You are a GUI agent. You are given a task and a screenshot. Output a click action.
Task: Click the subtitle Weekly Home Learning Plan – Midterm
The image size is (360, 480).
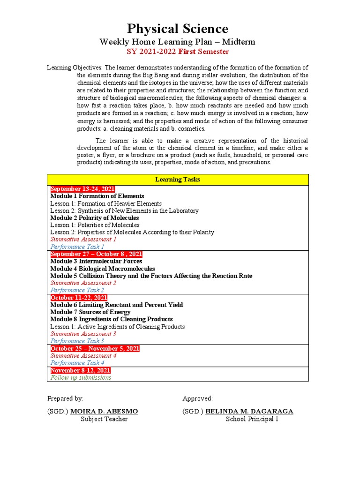click(x=178, y=42)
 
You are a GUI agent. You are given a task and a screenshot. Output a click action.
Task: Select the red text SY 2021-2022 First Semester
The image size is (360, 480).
click(x=178, y=52)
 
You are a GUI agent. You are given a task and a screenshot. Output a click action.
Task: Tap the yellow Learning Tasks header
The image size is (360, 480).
click(x=178, y=180)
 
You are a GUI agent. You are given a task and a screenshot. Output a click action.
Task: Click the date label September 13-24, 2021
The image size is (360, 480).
click(x=82, y=189)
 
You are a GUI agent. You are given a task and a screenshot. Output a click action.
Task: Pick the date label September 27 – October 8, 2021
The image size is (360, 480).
click(x=96, y=254)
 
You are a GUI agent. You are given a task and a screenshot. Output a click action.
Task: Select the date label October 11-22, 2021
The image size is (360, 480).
click(x=79, y=298)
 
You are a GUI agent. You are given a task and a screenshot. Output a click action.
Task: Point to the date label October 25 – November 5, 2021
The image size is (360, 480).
click(x=95, y=348)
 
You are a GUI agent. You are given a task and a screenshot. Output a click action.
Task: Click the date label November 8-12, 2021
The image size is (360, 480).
click(x=80, y=370)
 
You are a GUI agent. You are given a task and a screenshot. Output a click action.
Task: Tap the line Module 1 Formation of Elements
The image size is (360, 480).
click(x=97, y=196)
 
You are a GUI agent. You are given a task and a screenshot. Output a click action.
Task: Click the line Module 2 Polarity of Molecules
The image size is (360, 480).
click(x=94, y=218)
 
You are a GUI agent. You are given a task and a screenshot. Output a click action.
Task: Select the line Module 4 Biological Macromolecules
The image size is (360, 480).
click(x=102, y=269)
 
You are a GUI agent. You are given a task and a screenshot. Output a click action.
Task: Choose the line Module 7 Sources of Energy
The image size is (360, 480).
click(x=90, y=312)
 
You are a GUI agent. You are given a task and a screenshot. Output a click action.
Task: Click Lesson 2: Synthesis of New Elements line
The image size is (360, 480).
click(x=124, y=211)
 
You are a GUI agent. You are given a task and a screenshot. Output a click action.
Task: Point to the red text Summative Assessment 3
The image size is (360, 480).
click(x=83, y=334)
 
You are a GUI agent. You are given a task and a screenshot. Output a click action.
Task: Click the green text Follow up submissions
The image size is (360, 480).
click(x=81, y=377)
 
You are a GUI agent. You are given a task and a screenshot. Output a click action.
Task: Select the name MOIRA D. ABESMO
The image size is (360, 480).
click(x=104, y=411)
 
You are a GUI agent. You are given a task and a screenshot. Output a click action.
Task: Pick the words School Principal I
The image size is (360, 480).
click(x=252, y=419)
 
